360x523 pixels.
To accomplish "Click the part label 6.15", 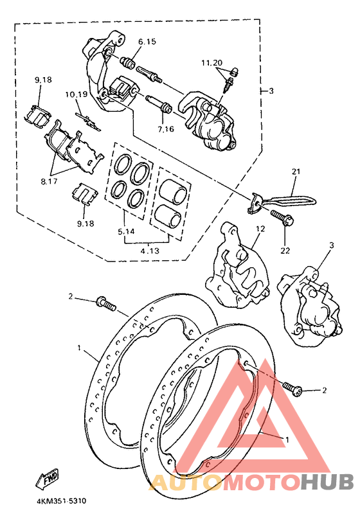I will point(147,41).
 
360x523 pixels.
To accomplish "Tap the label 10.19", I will point(75,94).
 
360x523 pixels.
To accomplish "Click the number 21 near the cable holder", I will point(296,172).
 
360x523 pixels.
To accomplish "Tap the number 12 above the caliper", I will point(260,229).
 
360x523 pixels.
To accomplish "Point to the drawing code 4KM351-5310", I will point(57,500).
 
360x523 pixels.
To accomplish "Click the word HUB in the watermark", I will point(328,482).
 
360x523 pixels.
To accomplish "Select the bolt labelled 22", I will point(281,218).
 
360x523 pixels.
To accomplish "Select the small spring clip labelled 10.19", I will point(86,119).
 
